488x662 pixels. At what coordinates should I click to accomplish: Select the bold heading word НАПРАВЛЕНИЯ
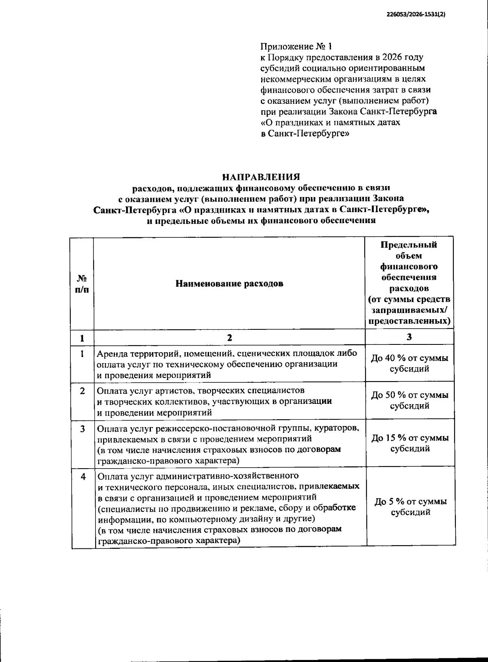[x=261, y=177]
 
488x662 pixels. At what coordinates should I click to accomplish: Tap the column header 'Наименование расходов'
[x=229, y=283]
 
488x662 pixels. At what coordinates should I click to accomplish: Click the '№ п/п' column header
[x=83, y=284]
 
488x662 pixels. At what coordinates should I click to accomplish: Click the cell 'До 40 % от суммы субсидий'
[x=410, y=364]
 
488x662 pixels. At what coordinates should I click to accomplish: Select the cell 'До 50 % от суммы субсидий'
[x=410, y=400]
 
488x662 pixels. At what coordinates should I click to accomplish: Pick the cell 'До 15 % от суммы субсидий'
[x=410, y=443]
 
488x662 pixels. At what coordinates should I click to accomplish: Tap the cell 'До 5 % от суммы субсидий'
[x=410, y=506]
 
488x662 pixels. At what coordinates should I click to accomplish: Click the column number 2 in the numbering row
[x=229, y=338]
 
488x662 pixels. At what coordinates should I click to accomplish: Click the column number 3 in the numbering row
[x=409, y=337]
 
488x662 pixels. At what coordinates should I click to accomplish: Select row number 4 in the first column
[x=83, y=477]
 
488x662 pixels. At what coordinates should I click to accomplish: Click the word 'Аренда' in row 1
[x=111, y=353]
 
